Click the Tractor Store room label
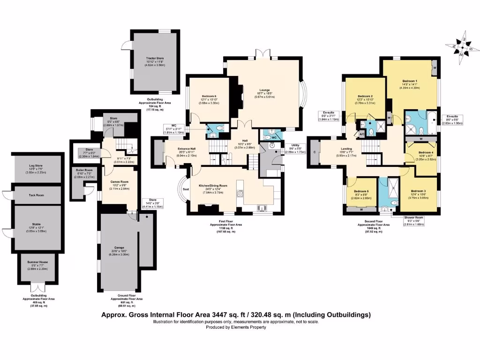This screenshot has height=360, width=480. click(x=155, y=59)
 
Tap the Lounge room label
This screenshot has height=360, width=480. click(x=265, y=90)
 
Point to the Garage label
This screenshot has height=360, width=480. click(x=119, y=248)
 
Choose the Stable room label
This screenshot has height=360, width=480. click(x=37, y=225)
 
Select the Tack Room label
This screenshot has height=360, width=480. click(x=37, y=195)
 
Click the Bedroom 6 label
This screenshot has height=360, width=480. click(x=209, y=96)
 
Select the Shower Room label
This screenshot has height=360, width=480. click(x=413, y=217)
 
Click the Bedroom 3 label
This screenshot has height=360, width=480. click(x=419, y=191)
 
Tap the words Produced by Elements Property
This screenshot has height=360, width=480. click(x=236, y=327)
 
